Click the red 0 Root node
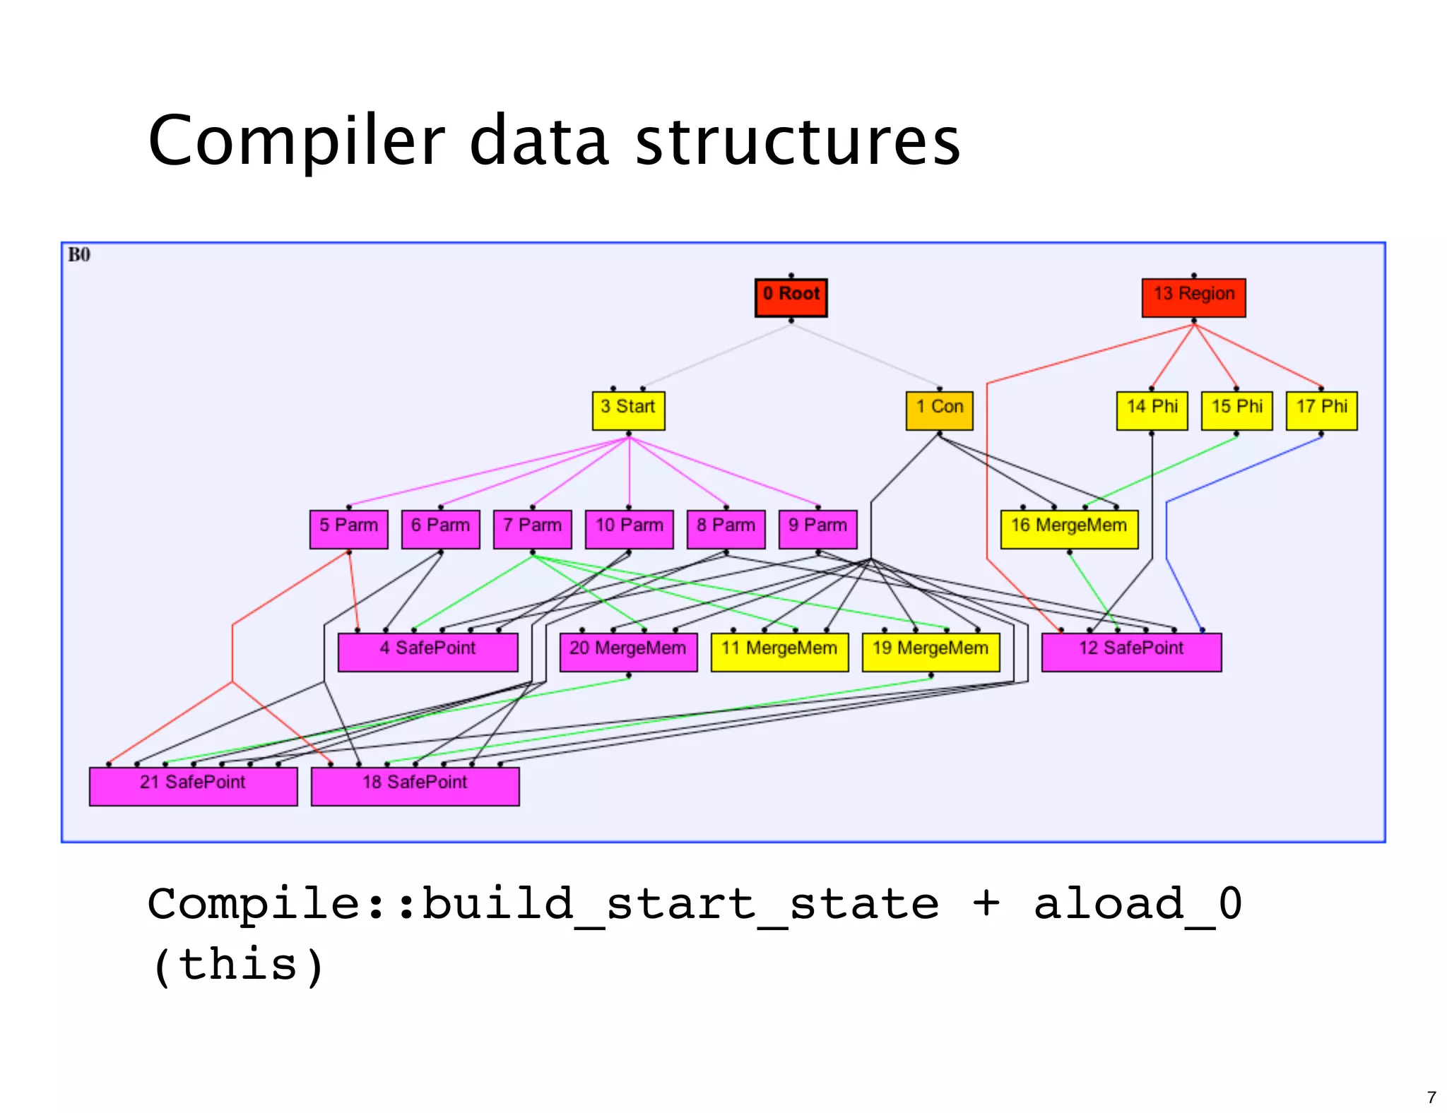pos(791,297)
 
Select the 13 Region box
pos(1193,297)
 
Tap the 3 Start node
pos(628,410)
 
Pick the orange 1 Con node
pos(939,410)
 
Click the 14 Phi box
pos(1152,410)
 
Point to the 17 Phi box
pos(1321,410)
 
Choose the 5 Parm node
pos(348,529)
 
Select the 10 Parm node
pos(629,529)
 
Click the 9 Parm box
pos(817,529)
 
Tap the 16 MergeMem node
pos(1069,529)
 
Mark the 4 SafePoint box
pos(427,652)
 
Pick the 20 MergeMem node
pos(628,652)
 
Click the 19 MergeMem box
pos(931,652)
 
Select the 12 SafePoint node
pos(1131,652)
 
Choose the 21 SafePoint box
pos(193,786)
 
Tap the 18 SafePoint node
pos(415,786)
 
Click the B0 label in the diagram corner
pos(78,255)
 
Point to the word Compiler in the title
pos(297,141)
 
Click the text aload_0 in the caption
pos(1138,904)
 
